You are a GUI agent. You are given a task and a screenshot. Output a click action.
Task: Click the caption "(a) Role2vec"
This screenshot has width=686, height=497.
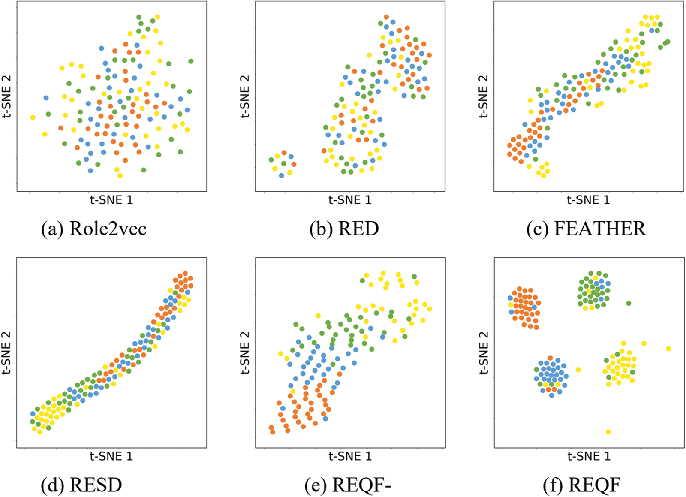(x=93, y=229)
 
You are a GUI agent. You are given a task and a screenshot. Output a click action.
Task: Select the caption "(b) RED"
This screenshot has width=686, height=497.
(x=344, y=229)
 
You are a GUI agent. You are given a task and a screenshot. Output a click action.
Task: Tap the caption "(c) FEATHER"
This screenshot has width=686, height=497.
(x=586, y=229)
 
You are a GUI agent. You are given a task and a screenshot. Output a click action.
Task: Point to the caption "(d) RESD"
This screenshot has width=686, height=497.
(x=81, y=485)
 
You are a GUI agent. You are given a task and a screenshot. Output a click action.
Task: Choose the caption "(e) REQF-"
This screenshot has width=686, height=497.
(x=348, y=485)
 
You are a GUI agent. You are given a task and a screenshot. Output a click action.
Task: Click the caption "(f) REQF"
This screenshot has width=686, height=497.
(x=581, y=485)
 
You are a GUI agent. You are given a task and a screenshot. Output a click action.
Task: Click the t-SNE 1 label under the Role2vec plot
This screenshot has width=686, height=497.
(x=111, y=200)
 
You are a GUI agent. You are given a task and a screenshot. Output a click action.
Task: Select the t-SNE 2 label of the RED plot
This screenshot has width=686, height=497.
(x=245, y=96)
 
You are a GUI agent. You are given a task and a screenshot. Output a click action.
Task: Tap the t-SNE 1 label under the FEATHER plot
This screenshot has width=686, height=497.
(x=588, y=200)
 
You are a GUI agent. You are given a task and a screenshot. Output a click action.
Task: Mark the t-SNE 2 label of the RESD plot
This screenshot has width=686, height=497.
(x=6, y=352)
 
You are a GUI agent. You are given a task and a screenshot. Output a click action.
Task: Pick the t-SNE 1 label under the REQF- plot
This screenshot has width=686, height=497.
(x=350, y=456)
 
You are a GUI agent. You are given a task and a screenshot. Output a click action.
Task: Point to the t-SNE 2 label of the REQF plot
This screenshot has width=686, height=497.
(x=484, y=352)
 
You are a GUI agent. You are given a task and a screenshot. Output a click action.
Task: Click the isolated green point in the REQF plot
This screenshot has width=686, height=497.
(x=629, y=303)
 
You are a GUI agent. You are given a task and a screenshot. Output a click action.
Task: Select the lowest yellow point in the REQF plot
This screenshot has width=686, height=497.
(x=608, y=432)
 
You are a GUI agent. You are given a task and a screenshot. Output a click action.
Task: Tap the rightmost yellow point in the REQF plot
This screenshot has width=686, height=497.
(x=668, y=349)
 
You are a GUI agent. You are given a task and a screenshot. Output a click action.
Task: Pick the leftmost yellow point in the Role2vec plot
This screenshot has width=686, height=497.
(x=33, y=117)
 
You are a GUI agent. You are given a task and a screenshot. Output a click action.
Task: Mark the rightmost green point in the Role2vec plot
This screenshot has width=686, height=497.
(x=191, y=61)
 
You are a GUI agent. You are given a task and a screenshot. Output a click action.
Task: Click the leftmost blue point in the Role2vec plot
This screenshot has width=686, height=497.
(x=46, y=98)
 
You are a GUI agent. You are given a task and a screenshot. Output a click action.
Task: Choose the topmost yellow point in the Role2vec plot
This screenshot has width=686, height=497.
(x=158, y=17)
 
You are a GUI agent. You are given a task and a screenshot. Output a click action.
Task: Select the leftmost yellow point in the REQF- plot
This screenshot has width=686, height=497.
(x=281, y=354)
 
